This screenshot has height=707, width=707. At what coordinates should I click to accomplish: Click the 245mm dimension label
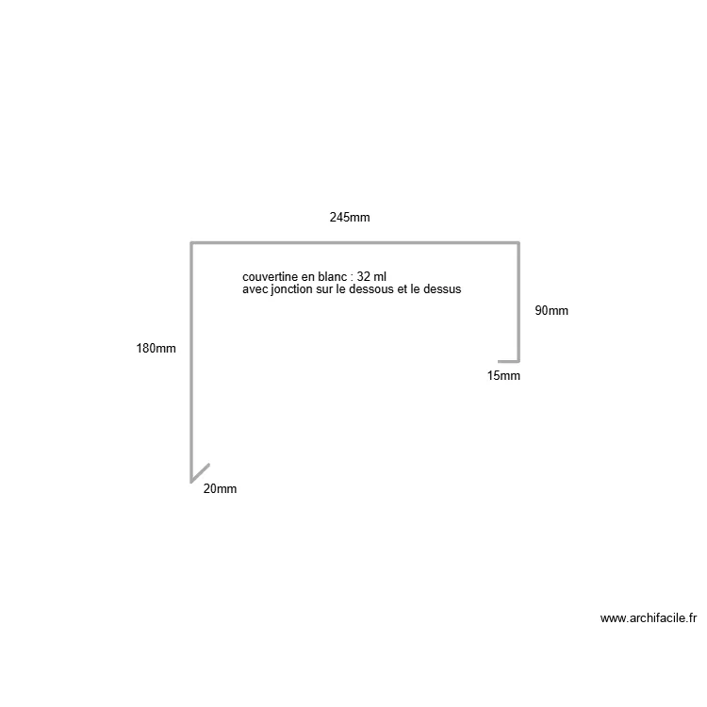coord(350,218)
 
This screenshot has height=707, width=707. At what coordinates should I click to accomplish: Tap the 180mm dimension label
coord(156,349)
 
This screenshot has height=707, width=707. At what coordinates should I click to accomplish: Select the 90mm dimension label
coord(551,311)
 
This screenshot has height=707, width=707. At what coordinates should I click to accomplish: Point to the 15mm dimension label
coord(503,375)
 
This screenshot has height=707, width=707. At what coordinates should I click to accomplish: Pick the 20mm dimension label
coord(220,488)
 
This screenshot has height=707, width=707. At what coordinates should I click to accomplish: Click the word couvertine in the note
coord(271,277)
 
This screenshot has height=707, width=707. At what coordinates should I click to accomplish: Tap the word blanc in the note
coord(333,277)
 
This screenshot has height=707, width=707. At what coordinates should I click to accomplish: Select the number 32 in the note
coord(364,277)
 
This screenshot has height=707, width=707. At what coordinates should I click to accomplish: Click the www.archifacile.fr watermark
coord(649,618)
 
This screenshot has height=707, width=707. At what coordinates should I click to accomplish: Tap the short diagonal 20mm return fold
coord(200,473)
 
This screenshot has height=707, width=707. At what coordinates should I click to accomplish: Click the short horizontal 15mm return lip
coord(509,361)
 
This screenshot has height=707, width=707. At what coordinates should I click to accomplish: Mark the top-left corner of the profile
coord(191,243)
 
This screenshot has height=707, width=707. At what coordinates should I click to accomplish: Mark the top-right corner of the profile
coord(518,243)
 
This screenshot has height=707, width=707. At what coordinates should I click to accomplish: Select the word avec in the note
coord(255,289)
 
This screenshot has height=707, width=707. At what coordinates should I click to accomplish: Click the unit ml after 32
coord(380,277)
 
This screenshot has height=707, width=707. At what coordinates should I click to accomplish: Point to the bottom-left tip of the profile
coord(191,483)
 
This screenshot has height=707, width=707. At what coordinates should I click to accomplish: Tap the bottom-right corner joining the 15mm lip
coord(518,361)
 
